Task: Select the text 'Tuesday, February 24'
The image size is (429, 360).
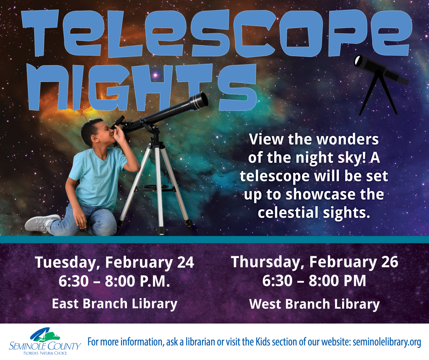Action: click(x=114, y=262)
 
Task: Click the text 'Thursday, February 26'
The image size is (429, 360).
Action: click(x=314, y=262)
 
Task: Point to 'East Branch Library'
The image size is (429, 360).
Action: click(x=114, y=303)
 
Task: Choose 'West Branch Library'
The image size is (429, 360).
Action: click(x=314, y=304)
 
